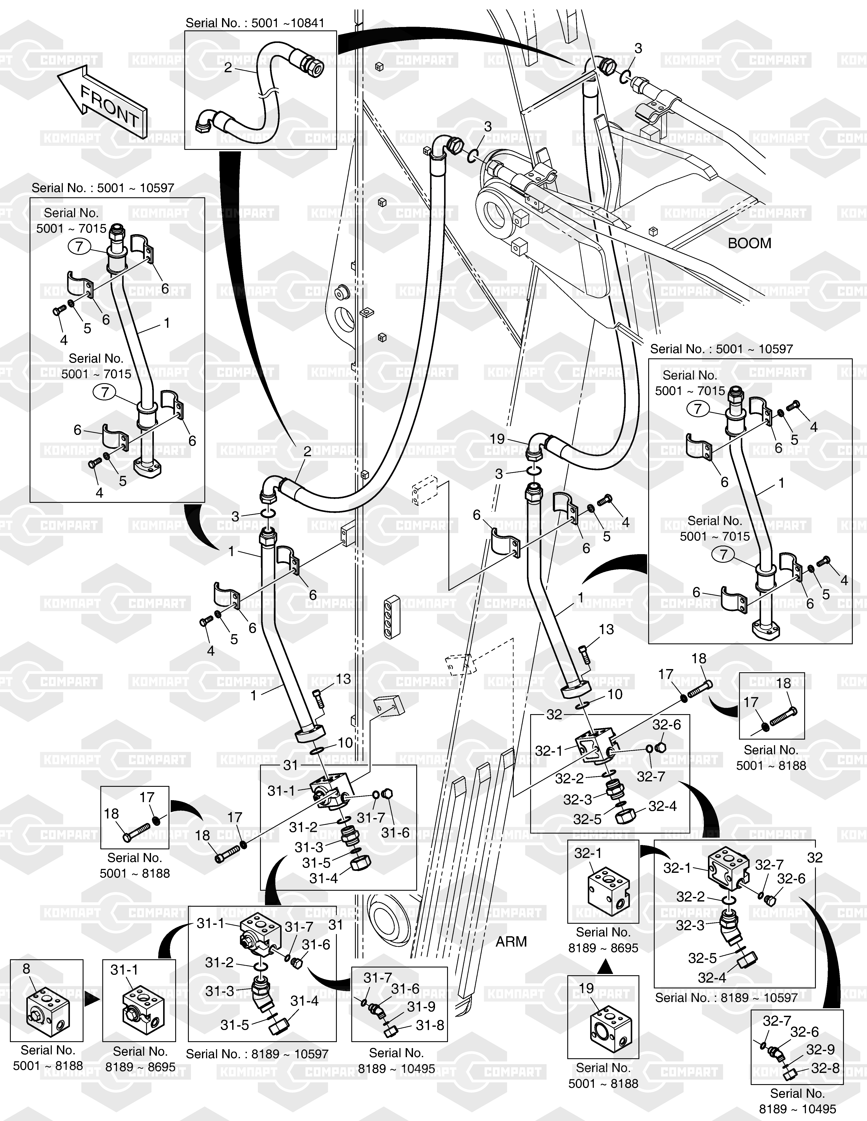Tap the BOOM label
749,243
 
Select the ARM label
511,942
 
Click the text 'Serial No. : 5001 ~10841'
255,23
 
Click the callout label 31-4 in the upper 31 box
324,878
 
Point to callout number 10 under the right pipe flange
615,695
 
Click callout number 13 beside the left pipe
343,679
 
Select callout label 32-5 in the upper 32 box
587,819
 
